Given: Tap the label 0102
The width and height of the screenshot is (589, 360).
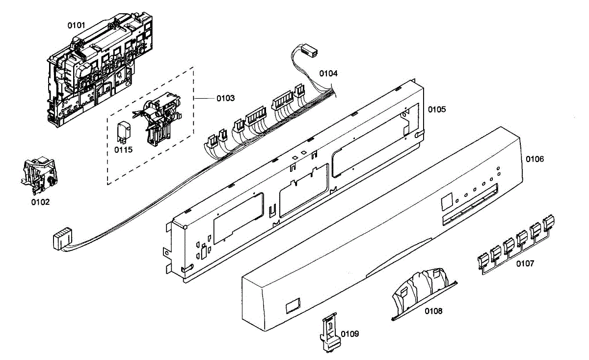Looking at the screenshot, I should (x=40, y=201).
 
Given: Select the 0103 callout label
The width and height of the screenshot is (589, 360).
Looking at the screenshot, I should (x=225, y=98).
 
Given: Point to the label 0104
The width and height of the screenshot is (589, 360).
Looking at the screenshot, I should (x=328, y=74).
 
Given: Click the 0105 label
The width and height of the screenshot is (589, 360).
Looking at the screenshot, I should (x=437, y=109).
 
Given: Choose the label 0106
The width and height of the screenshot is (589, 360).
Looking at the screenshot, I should (x=535, y=159).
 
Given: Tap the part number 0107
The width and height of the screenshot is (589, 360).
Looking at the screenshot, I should (x=525, y=264).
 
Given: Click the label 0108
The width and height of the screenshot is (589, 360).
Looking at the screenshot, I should (x=433, y=311).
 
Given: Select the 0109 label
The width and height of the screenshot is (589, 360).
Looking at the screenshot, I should (x=349, y=334).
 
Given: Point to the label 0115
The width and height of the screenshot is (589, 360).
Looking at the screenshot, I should (x=123, y=150).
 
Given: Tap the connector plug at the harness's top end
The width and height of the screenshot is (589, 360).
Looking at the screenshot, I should (x=309, y=50).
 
